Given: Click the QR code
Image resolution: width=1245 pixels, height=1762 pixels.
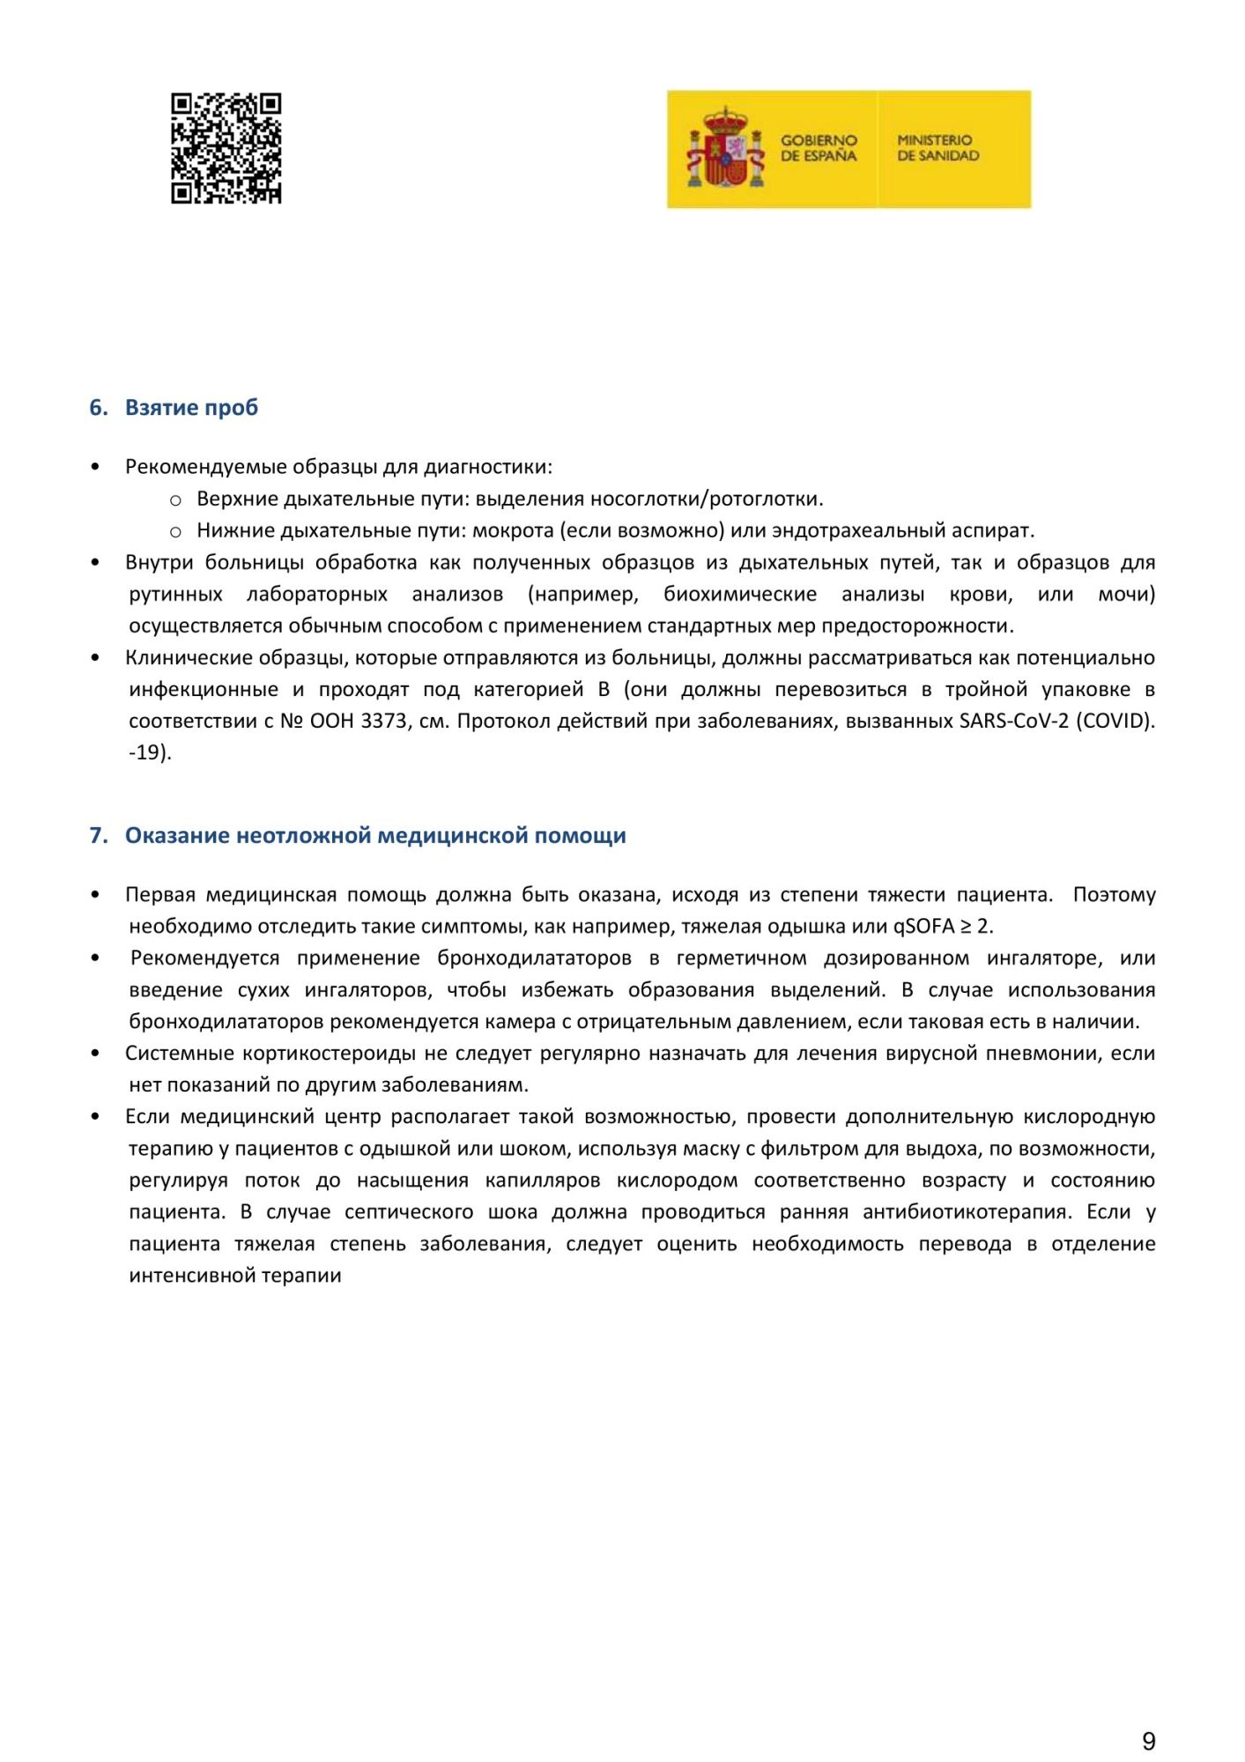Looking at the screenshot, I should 226,148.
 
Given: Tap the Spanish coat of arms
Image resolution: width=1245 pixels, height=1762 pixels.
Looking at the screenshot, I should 725,148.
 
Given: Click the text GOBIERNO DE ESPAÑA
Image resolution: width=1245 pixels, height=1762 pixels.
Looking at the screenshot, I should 818,148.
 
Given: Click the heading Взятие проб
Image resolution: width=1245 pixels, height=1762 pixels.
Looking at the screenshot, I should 191,408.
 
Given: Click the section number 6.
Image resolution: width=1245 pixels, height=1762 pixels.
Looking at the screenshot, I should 97,408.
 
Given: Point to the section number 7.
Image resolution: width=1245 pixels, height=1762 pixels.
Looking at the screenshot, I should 97,836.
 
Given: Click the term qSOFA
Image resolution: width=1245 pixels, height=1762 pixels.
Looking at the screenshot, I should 923,927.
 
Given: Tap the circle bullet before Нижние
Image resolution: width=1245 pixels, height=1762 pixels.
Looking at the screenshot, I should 175,532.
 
